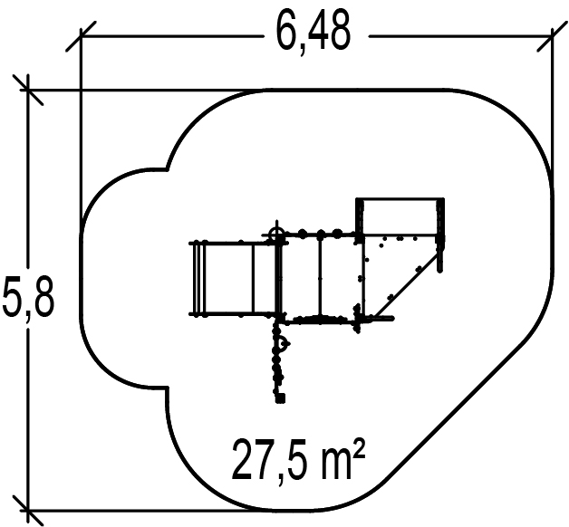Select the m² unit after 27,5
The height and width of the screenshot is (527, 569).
click(343, 458)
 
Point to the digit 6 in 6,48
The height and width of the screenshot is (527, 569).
click(288, 32)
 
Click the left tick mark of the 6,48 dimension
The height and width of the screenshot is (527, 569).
click(81, 36)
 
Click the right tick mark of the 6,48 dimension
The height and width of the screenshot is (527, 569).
click(552, 36)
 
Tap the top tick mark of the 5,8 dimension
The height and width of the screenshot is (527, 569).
click(28, 90)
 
